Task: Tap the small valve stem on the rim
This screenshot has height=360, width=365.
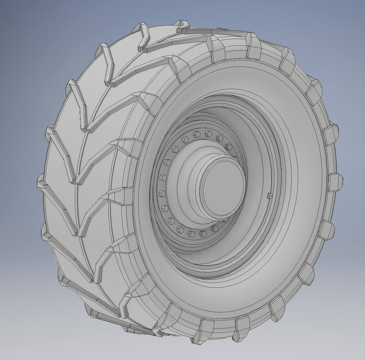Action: click(x=269, y=196)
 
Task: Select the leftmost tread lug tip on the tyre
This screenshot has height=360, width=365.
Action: click(x=40, y=182)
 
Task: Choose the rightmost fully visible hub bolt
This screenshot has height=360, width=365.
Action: click(x=229, y=147)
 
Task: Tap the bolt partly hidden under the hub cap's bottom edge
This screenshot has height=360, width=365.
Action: click(x=215, y=228)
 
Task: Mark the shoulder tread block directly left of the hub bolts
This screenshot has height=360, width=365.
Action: click(x=124, y=192)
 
